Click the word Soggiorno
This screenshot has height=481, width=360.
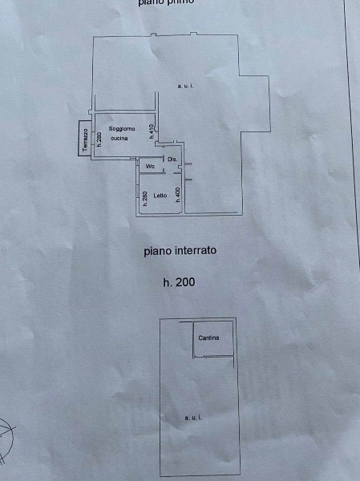[122, 129]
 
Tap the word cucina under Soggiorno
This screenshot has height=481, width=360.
[119, 139]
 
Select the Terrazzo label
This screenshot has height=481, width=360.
[85, 139]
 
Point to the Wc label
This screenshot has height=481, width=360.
[150, 166]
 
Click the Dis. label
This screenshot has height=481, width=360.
[172, 159]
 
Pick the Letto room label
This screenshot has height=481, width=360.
[160, 195]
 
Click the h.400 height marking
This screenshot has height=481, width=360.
[177, 195]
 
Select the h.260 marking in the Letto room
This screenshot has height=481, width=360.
[144, 198]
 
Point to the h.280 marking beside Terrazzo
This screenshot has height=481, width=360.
[99, 138]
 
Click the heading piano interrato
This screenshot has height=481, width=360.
[180, 250]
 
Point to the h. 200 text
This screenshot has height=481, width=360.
[179, 281]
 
